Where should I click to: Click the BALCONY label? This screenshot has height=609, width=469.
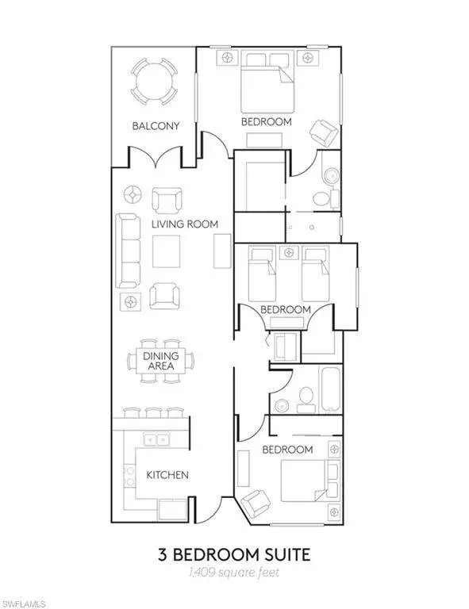pyautogui.click(x=156, y=126)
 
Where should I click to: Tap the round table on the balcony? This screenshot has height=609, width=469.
pyautogui.click(x=154, y=82)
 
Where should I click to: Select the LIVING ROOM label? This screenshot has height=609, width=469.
pyautogui.click(x=185, y=224)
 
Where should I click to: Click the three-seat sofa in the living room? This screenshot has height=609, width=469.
pyautogui.click(x=128, y=251)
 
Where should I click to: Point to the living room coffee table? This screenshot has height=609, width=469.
pyautogui.click(x=166, y=251)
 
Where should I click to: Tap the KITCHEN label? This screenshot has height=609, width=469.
pyautogui.click(x=167, y=475)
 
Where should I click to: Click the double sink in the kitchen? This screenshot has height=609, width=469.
pyautogui.click(x=157, y=439)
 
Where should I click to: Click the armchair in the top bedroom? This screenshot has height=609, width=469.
pyautogui.click(x=324, y=133)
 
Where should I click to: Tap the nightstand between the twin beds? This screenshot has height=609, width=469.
pyautogui.click(x=288, y=252)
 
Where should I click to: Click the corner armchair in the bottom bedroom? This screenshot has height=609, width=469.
pyautogui.click(x=256, y=504)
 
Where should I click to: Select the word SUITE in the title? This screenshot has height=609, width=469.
pyautogui.click(x=286, y=554)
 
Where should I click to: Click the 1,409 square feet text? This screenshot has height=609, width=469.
pyautogui.click(x=234, y=572)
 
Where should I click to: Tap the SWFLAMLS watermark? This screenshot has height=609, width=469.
pyautogui.click(x=22, y=604)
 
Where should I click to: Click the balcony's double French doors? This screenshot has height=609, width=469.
pyautogui.click(x=156, y=155)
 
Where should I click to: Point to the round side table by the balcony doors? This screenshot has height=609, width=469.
pyautogui.click(x=133, y=193)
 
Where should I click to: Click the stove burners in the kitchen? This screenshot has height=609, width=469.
pyautogui.click(x=129, y=476)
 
